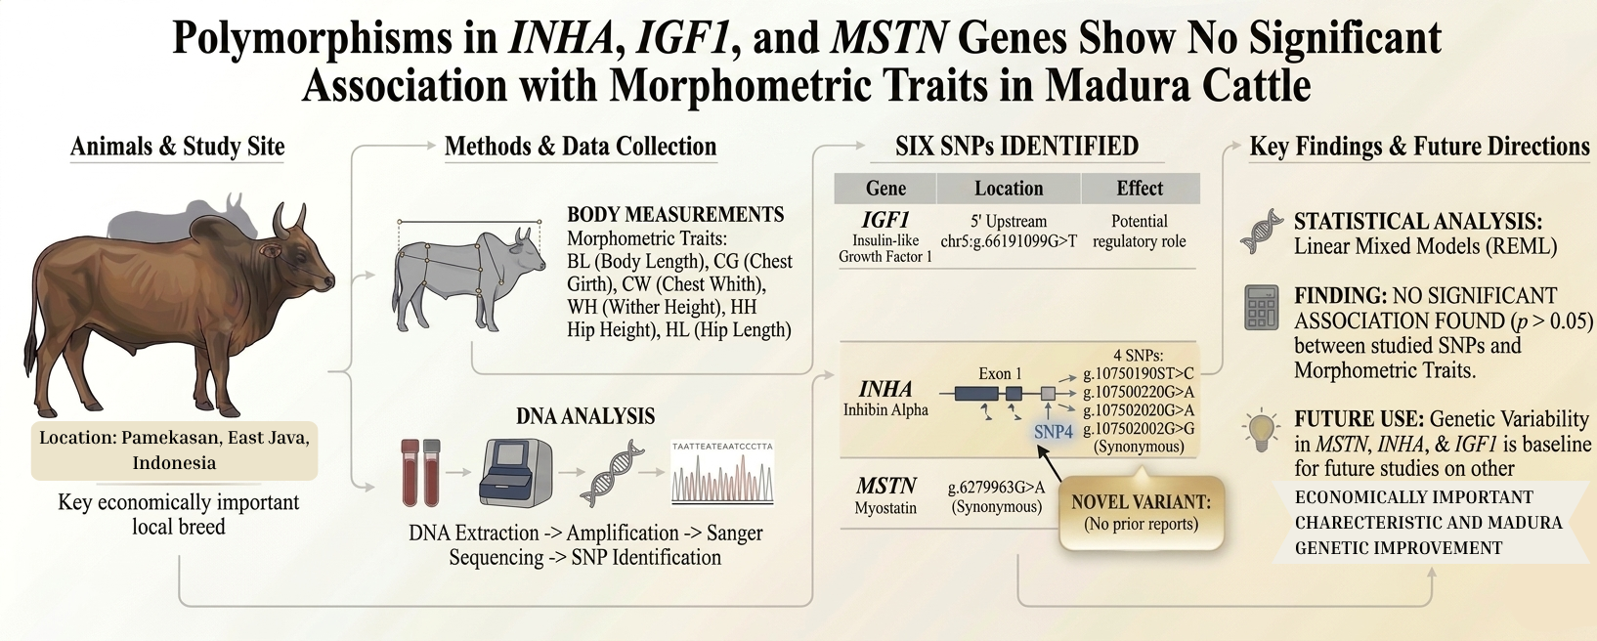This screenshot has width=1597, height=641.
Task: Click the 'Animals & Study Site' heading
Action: coord(178,147)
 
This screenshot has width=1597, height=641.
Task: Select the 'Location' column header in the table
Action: coord(1009,189)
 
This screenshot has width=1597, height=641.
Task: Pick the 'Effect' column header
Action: coord(1140,189)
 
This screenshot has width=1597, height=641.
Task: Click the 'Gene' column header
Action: coord(885,189)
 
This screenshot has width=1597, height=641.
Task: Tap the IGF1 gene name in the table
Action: coord(885,220)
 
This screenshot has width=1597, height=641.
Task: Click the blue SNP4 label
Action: coord(1053,431)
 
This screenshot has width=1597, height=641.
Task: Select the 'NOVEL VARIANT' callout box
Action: coord(1141,513)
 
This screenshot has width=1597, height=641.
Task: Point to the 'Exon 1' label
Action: coord(1000,373)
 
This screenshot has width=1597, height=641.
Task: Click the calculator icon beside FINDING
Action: coord(1261,308)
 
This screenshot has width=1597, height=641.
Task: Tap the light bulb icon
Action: coord(1261,431)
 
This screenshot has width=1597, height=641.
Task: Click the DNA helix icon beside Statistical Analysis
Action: coord(1261,231)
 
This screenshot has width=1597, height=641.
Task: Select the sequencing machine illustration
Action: coord(515,473)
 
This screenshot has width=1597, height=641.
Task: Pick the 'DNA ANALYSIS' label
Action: coord(585,416)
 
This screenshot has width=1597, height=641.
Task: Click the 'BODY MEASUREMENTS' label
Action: coord(675,215)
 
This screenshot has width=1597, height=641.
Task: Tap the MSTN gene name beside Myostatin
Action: coord(885,486)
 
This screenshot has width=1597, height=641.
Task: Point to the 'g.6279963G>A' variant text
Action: coord(996,488)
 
